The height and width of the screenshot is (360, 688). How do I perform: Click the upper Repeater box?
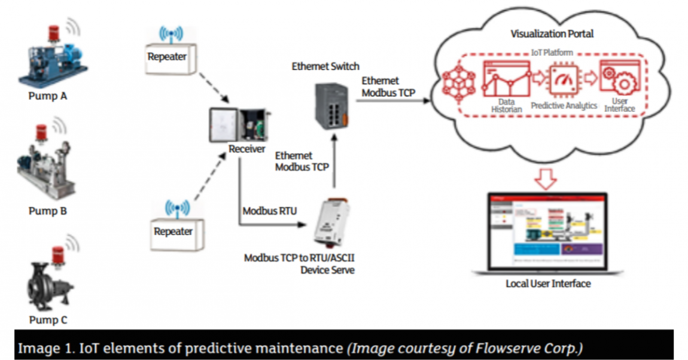[x=168, y=58]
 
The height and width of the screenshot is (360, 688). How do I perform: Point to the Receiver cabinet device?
[x=238, y=126]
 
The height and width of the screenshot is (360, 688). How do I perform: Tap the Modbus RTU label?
[x=268, y=212]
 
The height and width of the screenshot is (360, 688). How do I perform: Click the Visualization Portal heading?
[x=552, y=33]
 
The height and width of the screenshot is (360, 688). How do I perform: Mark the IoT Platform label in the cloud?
[x=552, y=53]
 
